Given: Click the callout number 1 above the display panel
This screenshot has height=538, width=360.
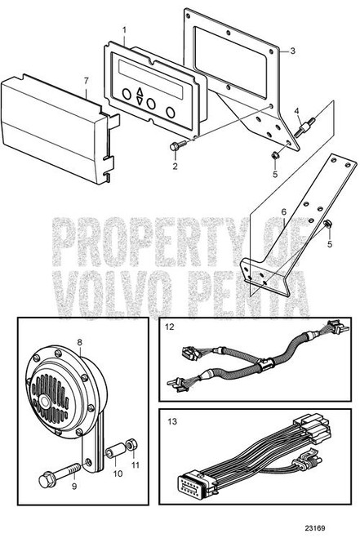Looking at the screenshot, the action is tap(124, 30).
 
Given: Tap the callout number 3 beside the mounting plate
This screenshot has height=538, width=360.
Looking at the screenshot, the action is tap(292, 51).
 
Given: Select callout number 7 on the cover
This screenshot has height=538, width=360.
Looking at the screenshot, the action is tap(87, 81).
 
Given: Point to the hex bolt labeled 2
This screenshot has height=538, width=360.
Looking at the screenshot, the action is tap(178, 145).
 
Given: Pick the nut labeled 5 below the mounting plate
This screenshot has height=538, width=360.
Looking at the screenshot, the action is tap(274, 156).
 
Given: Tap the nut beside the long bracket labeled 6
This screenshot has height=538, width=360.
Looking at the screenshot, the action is tap(327, 224).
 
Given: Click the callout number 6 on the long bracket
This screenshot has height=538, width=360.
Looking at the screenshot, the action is tap(283, 212).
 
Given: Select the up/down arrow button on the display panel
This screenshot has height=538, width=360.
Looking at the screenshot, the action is tap(139, 96).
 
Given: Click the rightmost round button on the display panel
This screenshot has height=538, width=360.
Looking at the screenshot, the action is tap(171, 112).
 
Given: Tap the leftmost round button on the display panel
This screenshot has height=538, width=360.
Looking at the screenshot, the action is tap(127, 94).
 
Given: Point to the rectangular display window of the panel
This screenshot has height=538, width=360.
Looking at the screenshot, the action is tap(150, 79).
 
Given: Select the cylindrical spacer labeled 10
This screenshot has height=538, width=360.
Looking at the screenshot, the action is tap(116, 451).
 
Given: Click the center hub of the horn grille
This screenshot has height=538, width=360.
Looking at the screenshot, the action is tap(43, 401).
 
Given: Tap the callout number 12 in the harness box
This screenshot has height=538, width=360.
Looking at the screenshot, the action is tap(170, 327).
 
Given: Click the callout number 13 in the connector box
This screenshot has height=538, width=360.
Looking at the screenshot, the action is tap(172, 421).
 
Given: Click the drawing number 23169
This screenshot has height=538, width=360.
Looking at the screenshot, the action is tap(315, 528).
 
